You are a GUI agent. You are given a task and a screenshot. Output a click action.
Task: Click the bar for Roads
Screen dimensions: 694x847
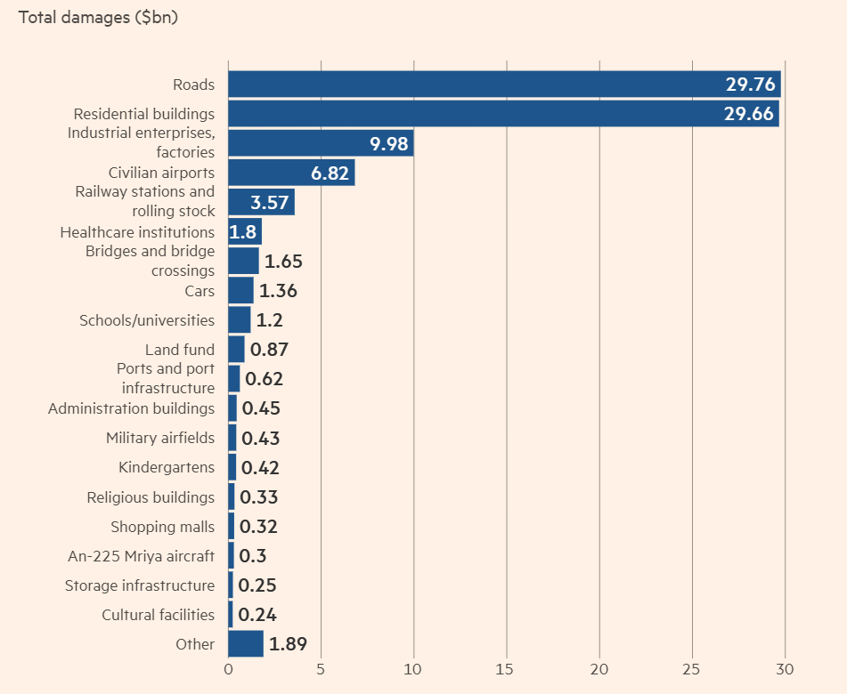tap(504, 85)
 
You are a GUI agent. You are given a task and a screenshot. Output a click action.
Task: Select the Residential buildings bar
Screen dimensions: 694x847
tap(503, 114)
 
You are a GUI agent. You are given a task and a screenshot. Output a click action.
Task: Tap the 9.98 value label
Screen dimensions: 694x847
tap(389, 144)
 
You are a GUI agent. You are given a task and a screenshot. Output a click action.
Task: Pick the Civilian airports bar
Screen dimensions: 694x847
tap(291, 173)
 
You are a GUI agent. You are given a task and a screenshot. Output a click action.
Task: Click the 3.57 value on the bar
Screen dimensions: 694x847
tap(270, 202)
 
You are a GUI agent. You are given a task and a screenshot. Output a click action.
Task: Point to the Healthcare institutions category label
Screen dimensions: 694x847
tap(137, 232)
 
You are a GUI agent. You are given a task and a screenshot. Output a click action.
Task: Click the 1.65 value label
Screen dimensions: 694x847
tap(284, 262)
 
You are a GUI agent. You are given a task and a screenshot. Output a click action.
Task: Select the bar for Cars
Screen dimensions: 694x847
tap(240, 291)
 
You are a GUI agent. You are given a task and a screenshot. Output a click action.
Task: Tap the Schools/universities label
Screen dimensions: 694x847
tap(147, 320)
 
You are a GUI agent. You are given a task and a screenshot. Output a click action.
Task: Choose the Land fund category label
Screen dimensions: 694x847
tap(180, 350)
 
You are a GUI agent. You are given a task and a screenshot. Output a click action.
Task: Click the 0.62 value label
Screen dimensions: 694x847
tap(264, 379)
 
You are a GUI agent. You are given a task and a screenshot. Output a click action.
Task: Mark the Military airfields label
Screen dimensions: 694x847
tap(160, 438)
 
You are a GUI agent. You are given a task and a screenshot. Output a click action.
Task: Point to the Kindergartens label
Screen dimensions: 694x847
tap(167, 467)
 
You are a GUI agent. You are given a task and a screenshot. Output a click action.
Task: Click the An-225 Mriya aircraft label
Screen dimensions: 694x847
tap(141, 556)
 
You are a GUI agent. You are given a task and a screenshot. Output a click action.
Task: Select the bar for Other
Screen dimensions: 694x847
tap(246, 644)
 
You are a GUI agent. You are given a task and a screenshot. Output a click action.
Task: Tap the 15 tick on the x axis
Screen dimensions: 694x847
tap(507, 669)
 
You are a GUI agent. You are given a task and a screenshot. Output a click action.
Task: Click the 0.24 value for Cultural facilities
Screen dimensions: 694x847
tap(258, 615)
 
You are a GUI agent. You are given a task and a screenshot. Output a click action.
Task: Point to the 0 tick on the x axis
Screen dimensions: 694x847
tap(228, 669)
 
